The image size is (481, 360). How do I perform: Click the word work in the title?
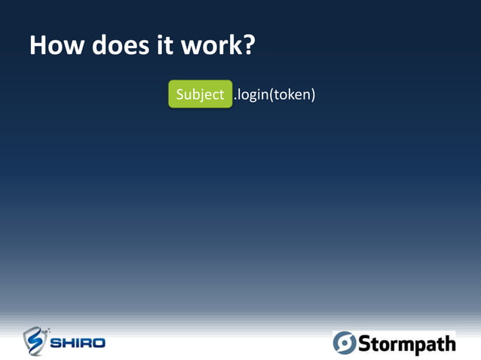[210, 45]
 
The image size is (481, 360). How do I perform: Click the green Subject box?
[200, 94]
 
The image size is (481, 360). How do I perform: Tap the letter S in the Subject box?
[180, 94]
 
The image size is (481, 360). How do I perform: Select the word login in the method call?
[253, 94]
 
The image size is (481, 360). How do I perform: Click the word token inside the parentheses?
[292, 94]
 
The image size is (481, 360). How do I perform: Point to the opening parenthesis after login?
[271, 95]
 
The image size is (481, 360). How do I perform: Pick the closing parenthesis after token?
[311, 95]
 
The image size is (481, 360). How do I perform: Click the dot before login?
[235, 99]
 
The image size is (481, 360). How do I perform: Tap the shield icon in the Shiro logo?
[35, 341]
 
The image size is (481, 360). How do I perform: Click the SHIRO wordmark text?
[78, 343]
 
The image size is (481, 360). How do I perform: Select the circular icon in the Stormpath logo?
[344, 343]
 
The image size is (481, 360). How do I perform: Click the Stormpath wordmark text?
[406, 344]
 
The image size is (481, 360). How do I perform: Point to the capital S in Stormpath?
[363, 344]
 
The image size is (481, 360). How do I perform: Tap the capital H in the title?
[38, 45]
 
